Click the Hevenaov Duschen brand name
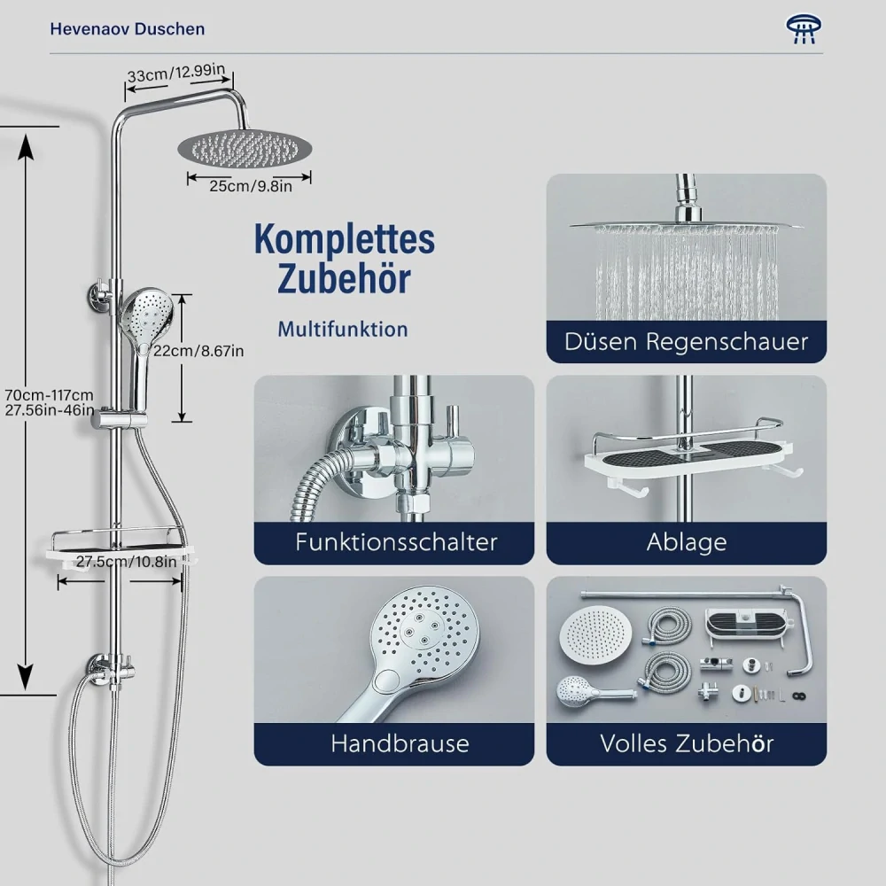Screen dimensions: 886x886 pyautogui.click(x=127, y=29)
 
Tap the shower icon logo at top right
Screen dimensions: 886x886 pyautogui.click(x=804, y=29)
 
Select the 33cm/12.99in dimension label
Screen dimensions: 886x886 pyautogui.click(x=176, y=73)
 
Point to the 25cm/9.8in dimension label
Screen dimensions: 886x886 pyautogui.click(x=251, y=186)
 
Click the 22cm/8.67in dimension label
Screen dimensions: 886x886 pyautogui.click(x=198, y=351)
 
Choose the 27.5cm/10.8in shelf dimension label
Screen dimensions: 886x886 pyautogui.click(x=126, y=562)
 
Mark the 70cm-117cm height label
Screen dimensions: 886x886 pyautogui.click(x=49, y=395)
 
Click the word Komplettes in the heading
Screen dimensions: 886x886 pyautogui.click(x=345, y=239)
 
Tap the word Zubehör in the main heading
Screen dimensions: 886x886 pyautogui.click(x=344, y=278)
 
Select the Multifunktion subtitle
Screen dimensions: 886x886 pyautogui.click(x=342, y=330)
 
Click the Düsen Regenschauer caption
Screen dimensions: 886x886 pyautogui.click(x=686, y=341)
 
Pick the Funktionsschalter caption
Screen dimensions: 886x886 pyautogui.click(x=396, y=542)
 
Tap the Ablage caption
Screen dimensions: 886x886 pyautogui.click(x=687, y=542)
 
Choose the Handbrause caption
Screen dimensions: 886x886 pyautogui.click(x=400, y=743)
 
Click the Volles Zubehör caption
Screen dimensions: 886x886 pyautogui.click(x=687, y=743)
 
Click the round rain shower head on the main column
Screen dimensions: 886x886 pyautogui.click(x=245, y=149)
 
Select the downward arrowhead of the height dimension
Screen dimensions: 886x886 pyautogui.click(x=26, y=676)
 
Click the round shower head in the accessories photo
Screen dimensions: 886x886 pyautogui.click(x=595, y=633)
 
